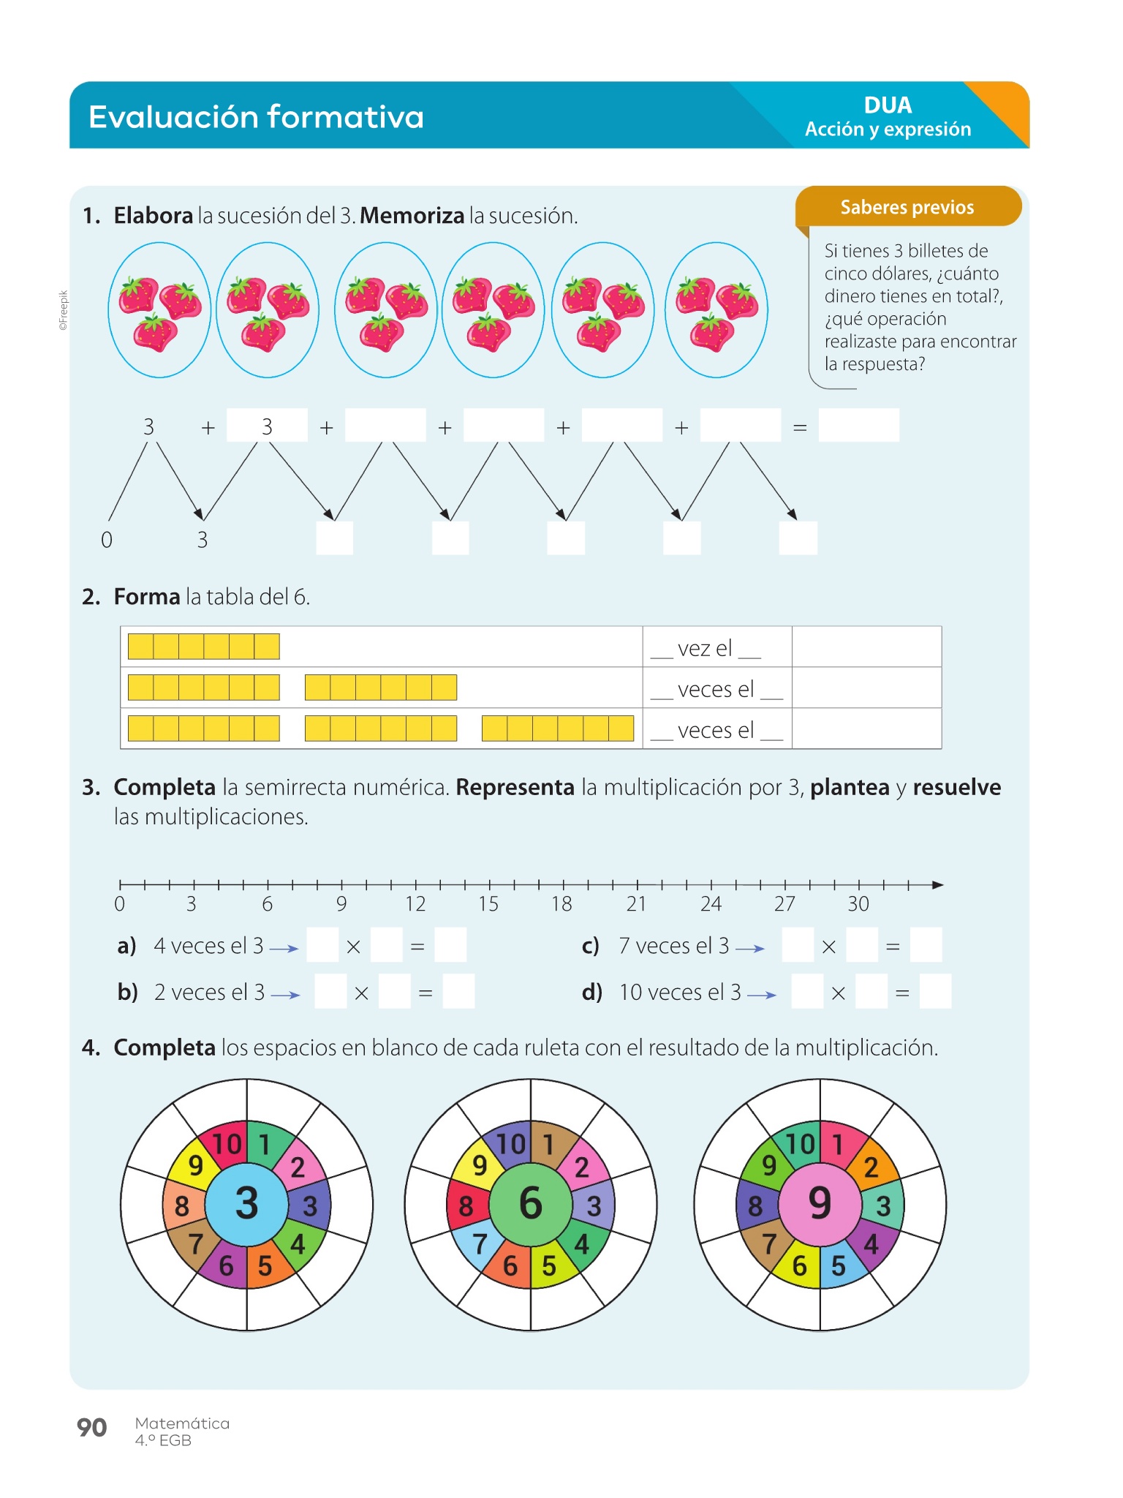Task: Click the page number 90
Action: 91,1427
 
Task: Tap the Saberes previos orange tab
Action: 907,207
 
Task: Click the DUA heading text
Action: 888,105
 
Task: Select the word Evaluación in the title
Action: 173,117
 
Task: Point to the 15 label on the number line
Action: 488,904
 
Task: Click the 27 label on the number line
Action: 784,904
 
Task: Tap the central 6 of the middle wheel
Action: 530,1203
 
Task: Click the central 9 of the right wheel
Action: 820,1203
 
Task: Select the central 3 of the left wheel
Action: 246,1203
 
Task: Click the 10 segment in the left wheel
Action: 227,1144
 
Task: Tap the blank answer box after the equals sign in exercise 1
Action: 858,426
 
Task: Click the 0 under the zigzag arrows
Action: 107,540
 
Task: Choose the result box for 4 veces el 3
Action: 450,945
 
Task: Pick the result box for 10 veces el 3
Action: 935,992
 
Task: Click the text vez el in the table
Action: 705,648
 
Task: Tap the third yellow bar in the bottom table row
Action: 557,729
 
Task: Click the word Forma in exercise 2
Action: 147,597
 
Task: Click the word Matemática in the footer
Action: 182,1423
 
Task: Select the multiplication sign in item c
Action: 828,947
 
